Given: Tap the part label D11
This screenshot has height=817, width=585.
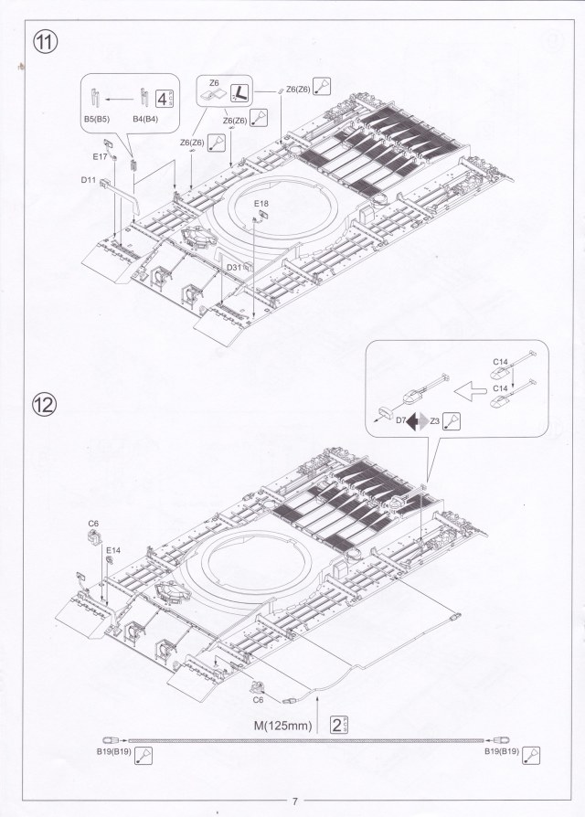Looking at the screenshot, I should coord(88,180).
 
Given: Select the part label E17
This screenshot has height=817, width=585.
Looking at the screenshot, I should coord(101,157).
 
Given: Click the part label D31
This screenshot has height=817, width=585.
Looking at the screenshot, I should coord(234,266).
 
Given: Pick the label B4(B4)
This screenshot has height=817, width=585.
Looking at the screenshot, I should coord(146,119).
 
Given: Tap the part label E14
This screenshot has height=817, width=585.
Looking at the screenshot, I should coord(112,550).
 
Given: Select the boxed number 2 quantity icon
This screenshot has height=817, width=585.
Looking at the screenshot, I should coord(339,726).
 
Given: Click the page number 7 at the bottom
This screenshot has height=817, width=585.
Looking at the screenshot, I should coord(294,801).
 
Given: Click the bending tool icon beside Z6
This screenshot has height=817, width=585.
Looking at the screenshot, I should coord(239,91).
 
